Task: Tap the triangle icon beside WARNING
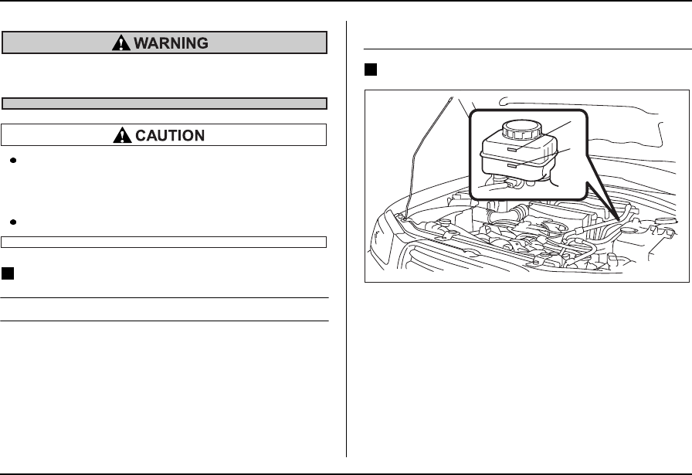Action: pos(120,43)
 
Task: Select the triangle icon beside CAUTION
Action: pos(122,135)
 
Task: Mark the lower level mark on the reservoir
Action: pos(514,164)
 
